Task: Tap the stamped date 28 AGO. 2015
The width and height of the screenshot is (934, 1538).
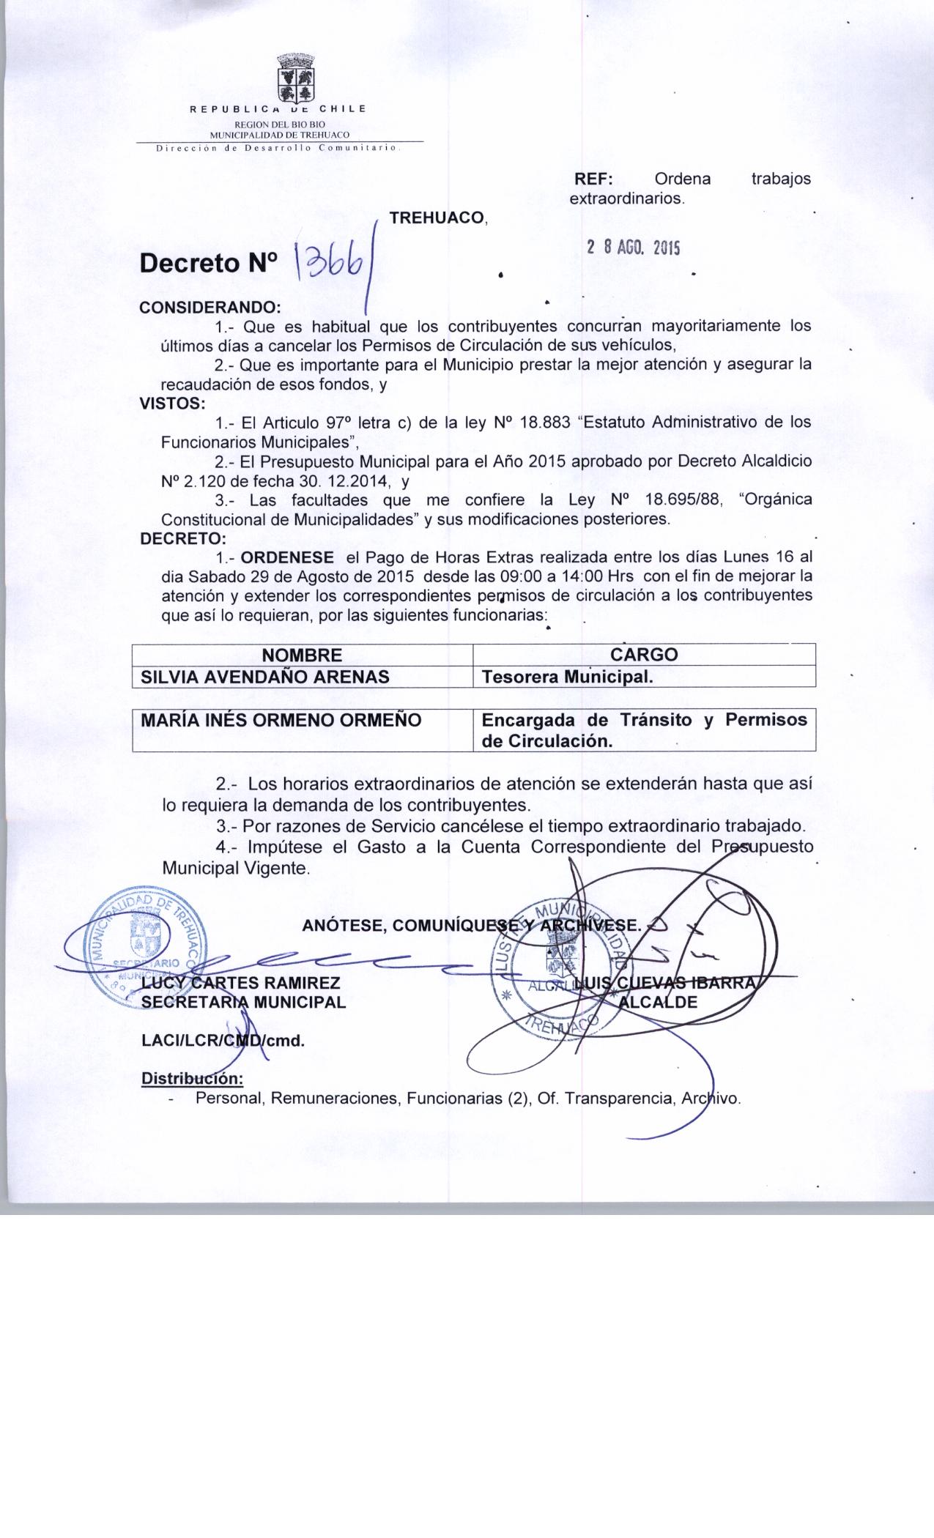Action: point(634,248)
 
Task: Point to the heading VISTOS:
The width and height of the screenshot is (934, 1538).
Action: point(173,403)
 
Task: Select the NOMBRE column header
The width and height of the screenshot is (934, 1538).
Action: point(302,655)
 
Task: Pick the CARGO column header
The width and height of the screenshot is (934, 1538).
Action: point(644,654)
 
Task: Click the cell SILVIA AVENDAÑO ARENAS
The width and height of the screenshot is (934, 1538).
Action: point(264,676)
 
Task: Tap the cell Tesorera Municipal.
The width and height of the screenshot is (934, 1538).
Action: point(566,677)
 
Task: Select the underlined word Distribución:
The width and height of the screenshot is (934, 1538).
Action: point(192,1079)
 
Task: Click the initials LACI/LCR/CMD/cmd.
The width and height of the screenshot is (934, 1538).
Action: point(223,1040)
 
